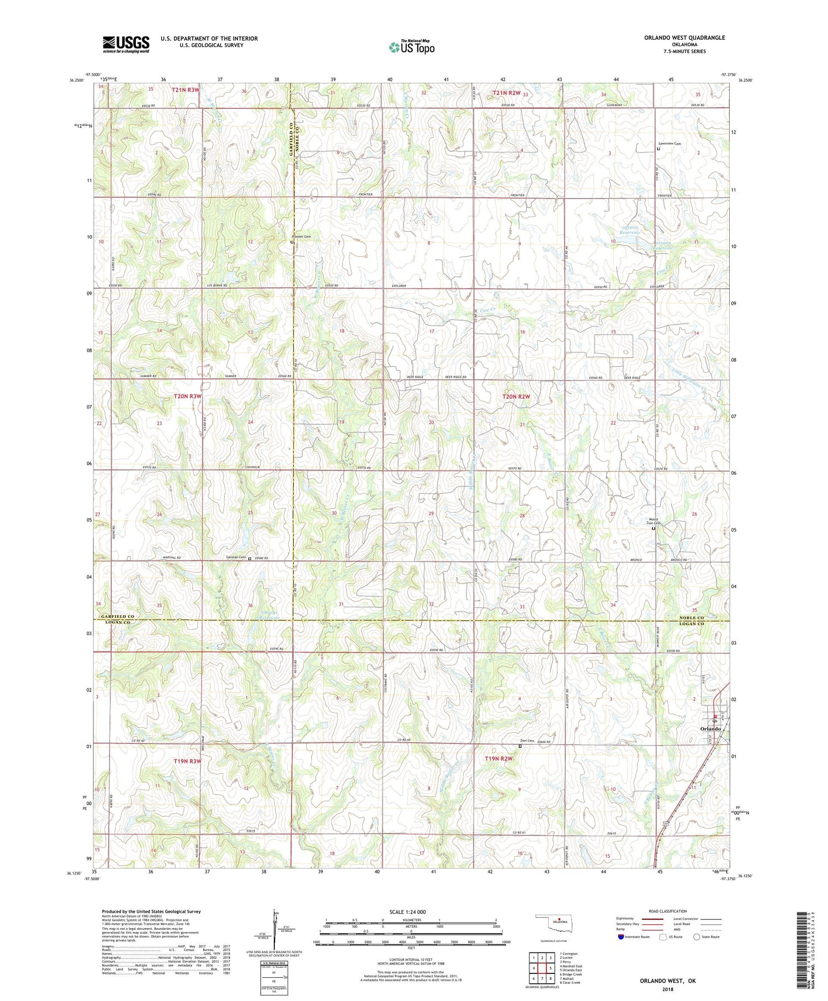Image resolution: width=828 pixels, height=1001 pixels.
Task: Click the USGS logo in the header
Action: [x=126, y=44]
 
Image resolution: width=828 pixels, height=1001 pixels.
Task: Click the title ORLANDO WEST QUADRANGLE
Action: [x=684, y=38]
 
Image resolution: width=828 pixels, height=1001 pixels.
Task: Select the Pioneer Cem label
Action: [x=302, y=237]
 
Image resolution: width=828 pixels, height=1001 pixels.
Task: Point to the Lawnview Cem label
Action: [x=670, y=144]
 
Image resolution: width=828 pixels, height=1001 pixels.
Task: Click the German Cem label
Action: [x=236, y=557]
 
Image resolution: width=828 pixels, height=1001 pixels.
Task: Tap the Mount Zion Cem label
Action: [x=654, y=521]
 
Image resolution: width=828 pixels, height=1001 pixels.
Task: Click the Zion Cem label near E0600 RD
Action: [x=527, y=741]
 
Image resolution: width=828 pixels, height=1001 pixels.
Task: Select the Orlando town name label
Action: [x=710, y=729]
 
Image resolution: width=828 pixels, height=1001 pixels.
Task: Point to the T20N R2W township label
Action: [x=516, y=396]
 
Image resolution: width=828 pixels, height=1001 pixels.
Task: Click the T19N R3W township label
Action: [x=188, y=761]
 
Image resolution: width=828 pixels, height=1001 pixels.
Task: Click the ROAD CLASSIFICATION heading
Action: [x=668, y=911]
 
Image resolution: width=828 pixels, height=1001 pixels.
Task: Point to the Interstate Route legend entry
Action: [x=633, y=937]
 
